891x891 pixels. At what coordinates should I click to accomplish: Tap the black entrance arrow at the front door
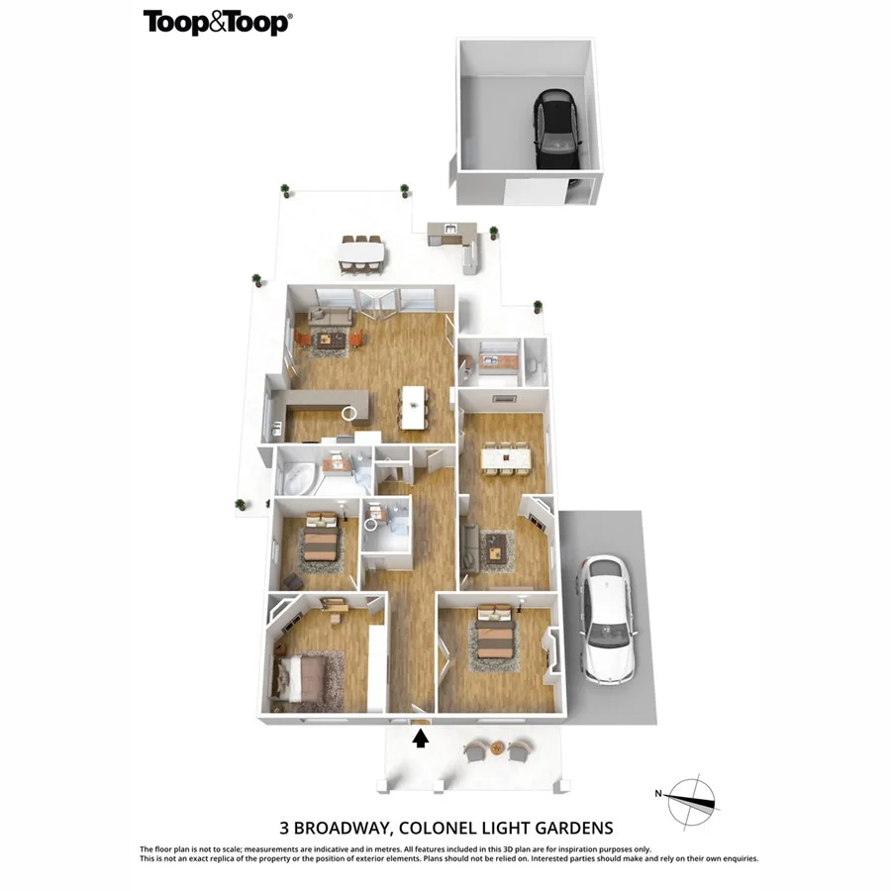click(421, 738)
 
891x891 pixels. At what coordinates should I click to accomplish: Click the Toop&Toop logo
click(217, 23)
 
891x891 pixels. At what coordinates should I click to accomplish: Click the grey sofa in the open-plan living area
click(330, 316)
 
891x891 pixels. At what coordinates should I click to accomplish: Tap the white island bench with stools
click(415, 405)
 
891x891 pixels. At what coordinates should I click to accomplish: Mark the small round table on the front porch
click(498, 748)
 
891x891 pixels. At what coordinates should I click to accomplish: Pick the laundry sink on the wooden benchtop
click(488, 362)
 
